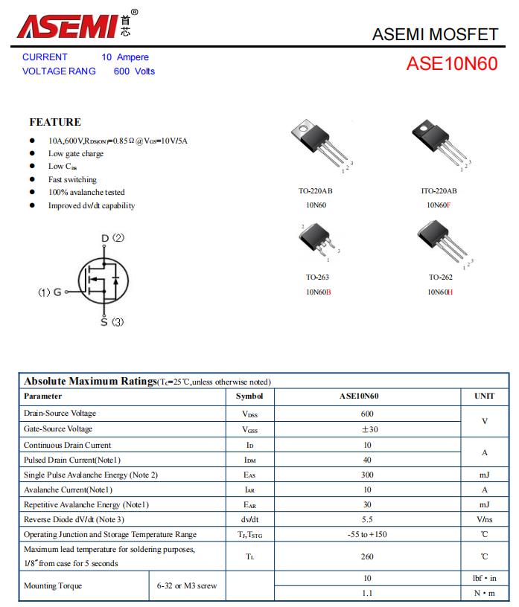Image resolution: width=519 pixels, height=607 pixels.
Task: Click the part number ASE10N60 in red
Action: (x=451, y=64)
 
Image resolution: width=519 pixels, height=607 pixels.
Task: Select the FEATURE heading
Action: (x=55, y=122)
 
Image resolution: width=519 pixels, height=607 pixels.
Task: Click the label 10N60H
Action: (x=439, y=292)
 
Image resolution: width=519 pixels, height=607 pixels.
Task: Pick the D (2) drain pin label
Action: (x=112, y=238)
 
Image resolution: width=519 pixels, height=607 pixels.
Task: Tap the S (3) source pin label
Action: (x=112, y=322)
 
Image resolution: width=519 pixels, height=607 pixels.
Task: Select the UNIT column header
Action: (x=484, y=396)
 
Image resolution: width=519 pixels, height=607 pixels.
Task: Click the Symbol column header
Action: (x=249, y=396)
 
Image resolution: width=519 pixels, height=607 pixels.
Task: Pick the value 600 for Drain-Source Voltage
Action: (x=366, y=414)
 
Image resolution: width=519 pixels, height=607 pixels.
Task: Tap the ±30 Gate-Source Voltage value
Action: (x=366, y=429)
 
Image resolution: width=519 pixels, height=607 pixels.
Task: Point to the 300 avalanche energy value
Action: (x=366, y=475)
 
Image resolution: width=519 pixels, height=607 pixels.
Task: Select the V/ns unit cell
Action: (x=484, y=519)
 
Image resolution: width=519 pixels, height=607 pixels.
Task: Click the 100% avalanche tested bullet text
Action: (x=86, y=193)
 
